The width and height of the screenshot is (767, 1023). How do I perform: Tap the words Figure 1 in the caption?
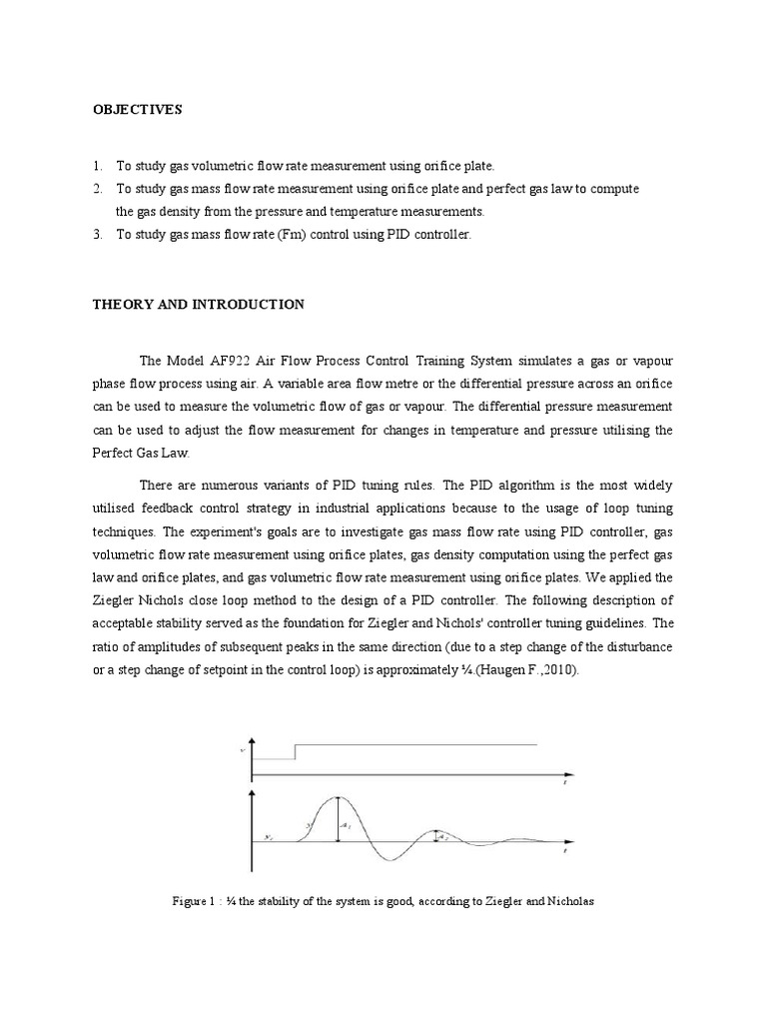point(196,901)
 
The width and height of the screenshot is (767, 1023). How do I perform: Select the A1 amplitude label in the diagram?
point(346,826)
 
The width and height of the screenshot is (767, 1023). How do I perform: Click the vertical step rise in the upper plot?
point(295,751)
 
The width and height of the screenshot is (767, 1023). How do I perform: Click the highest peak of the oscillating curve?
point(337,797)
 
